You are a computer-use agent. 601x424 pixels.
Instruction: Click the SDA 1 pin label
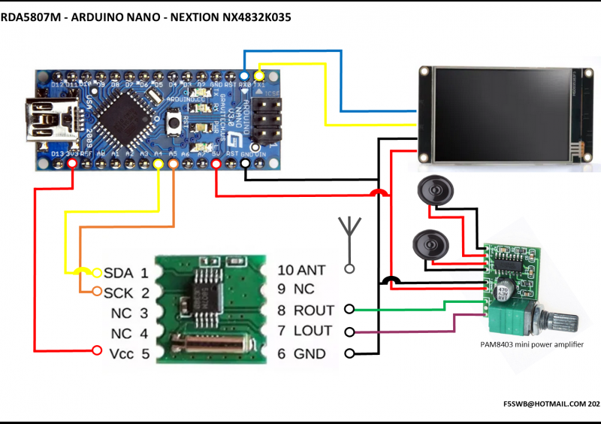point(125,272)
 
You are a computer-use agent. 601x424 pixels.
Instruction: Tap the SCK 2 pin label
point(125,292)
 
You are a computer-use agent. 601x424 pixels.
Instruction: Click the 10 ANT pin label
point(301,270)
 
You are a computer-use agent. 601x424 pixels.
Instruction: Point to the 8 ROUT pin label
point(306,310)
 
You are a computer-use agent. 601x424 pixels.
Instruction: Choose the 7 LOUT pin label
point(306,331)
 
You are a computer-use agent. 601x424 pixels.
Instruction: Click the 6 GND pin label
point(302,353)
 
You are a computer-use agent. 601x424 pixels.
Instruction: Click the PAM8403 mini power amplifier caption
point(531,345)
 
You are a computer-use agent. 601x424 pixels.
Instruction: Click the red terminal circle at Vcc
point(96,350)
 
